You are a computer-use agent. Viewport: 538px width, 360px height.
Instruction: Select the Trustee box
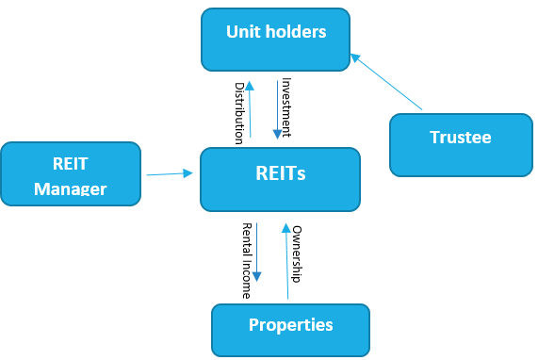pos(460,144)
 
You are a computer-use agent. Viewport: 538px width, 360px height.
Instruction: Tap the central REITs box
pos(280,178)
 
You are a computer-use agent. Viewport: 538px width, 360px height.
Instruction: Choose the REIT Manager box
pos(71,173)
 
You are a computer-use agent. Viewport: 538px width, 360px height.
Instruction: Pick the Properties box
pos(290,329)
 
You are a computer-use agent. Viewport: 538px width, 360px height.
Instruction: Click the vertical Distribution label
pos(239,110)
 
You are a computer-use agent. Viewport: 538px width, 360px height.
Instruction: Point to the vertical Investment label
pos(286,106)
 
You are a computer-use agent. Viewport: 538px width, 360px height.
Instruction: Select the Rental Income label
pos(247,260)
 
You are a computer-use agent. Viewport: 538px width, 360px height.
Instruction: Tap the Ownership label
pos(296,254)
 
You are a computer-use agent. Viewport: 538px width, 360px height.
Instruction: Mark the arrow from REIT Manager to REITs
pos(170,172)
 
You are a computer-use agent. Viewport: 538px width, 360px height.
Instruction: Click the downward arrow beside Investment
pos(274,110)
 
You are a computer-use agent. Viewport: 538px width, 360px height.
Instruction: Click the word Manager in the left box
pos(71,188)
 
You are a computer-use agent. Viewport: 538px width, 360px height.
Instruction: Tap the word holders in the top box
pos(296,31)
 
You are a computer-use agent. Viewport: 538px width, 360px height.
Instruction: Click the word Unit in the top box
pos(242,31)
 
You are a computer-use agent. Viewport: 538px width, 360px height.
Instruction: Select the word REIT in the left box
pos(71,161)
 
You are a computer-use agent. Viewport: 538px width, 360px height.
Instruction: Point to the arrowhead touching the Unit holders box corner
pos(355,57)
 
